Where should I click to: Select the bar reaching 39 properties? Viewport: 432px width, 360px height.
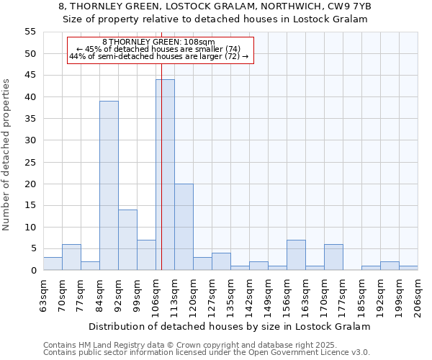point(109,186)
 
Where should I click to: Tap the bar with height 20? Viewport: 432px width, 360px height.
point(184,227)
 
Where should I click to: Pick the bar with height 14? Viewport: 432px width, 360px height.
point(127,240)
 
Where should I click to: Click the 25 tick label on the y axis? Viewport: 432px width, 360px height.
point(30,162)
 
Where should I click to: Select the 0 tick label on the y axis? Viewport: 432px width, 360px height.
point(32,271)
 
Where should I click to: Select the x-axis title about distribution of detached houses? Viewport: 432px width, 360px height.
point(230,326)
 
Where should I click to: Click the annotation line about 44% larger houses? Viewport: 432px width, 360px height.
point(159,56)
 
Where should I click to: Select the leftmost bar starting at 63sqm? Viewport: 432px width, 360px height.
point(53,264)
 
